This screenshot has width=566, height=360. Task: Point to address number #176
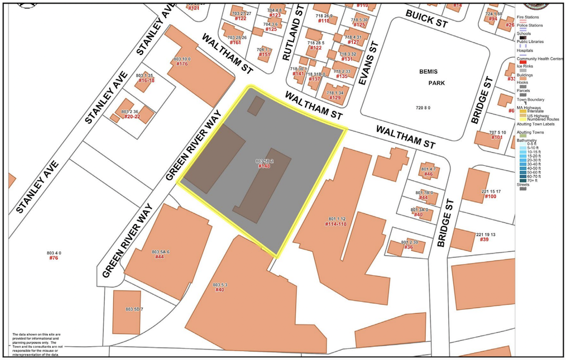click(x=182, y=64)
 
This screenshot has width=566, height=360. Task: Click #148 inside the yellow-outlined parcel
click(x=264, y=166)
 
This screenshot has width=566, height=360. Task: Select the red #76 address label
click(x=54, y=258)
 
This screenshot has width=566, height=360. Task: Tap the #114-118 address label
click(x=336, y=224)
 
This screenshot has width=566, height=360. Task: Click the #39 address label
click(x=484, y=239)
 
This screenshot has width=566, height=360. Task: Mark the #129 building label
click(x=335, y=98)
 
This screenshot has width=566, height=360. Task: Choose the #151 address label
click(x=264, y=54)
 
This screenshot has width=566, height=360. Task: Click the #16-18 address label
click(x=146, y=80)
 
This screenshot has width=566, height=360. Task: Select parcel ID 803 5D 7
click(x=135, y=310)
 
